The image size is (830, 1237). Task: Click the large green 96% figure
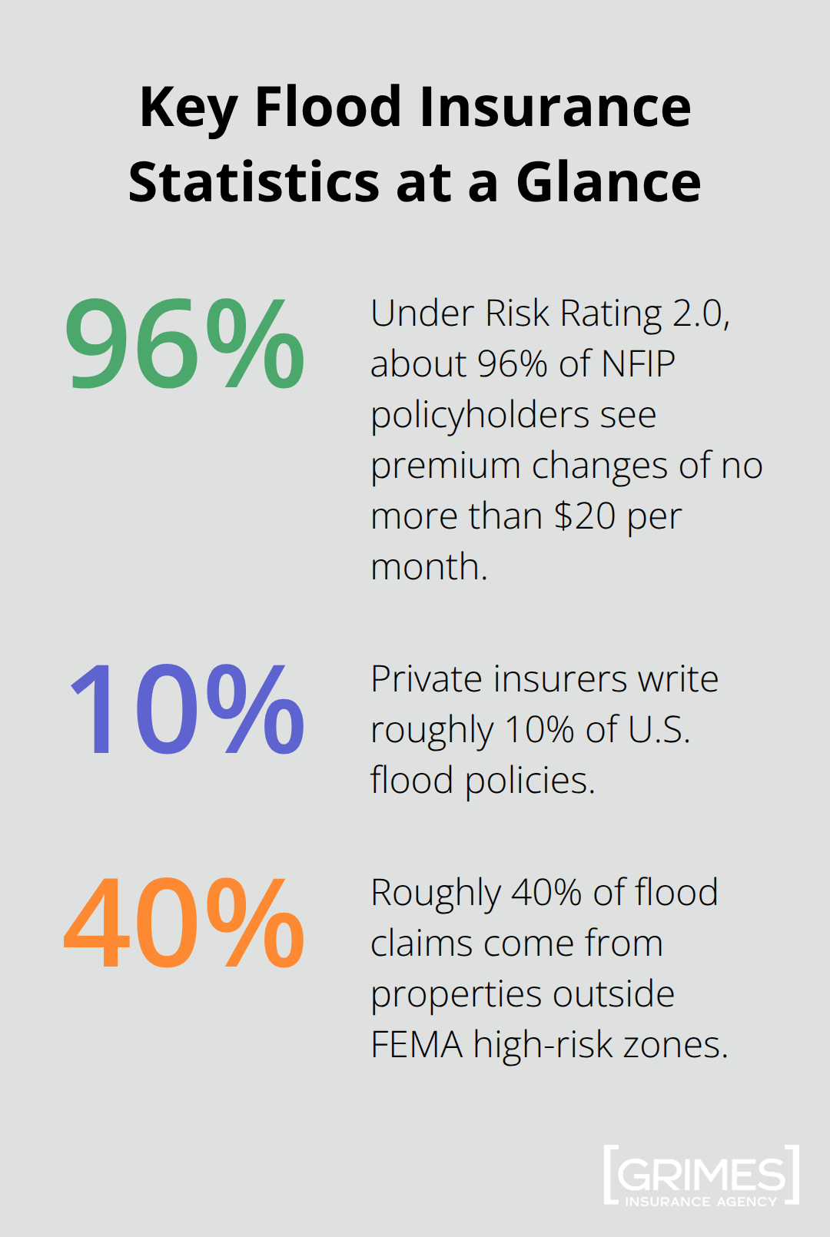click(184, 343)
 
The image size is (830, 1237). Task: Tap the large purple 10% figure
click(187, 710)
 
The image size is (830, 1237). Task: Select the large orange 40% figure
click(184, 923)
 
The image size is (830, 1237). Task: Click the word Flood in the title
click(328, 107)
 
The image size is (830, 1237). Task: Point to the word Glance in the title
click(608, 183)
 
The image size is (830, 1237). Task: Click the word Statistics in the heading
click(254, 183)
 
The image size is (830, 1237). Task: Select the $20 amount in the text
click(585, 516)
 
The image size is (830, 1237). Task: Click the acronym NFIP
click(638, 363)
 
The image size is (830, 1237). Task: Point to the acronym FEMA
click(417, 1045)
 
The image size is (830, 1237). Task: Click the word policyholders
click(480, 416)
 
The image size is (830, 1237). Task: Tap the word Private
click(426, 679)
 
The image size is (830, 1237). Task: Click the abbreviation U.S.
click(659, 730)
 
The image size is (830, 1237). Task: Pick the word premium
click(446, 466)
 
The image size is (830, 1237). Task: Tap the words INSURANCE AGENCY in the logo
click(701, 1202)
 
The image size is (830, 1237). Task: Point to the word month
click(428, 567)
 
